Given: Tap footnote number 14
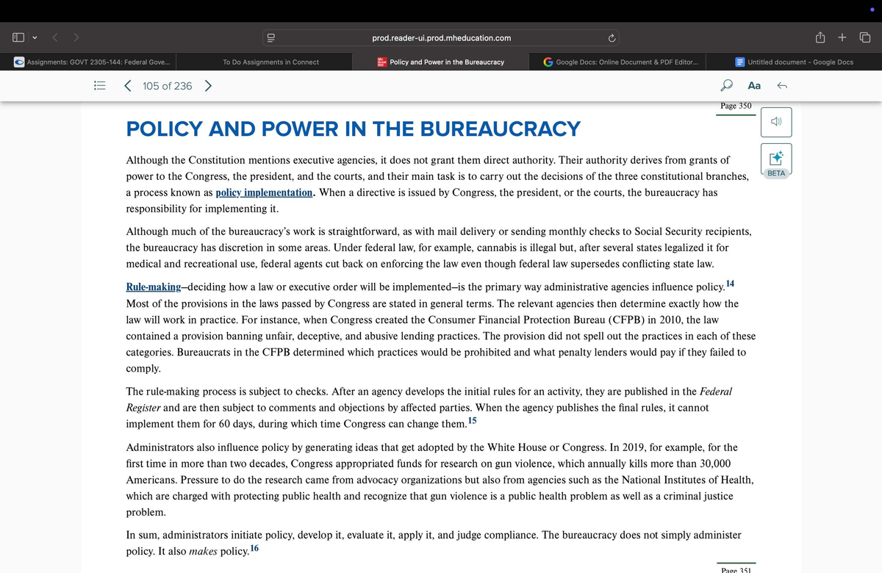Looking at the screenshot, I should pyautogui.click(x=729, y=283).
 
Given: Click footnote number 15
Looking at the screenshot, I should pyautogui.click(x=472, y=420).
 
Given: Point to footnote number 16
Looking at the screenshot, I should pyautogui.click(x=254, y=548).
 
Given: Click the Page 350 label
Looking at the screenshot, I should pyautogui.click(x=736, y=106).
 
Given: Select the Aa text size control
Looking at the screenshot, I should pyautogui.click(x=754, y=86).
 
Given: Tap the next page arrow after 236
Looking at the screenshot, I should pyautogui.click(x=209, y=86).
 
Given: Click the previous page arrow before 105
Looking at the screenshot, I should pyautogui.click(x=128, y=86).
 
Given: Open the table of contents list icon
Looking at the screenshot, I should pyautogui.click(x=100, y=86).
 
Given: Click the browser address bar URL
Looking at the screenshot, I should pyautogui.click(x=441, y=37).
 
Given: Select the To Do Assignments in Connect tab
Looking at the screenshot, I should pyautogui.click(x=270, y=62).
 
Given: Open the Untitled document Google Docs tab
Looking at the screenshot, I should pyautogui.click(x=800, y=62).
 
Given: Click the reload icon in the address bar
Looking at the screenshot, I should pyautogui.click(x=611, y=37).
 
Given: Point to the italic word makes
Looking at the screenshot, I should pyautogui.click(x=203, y=552).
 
